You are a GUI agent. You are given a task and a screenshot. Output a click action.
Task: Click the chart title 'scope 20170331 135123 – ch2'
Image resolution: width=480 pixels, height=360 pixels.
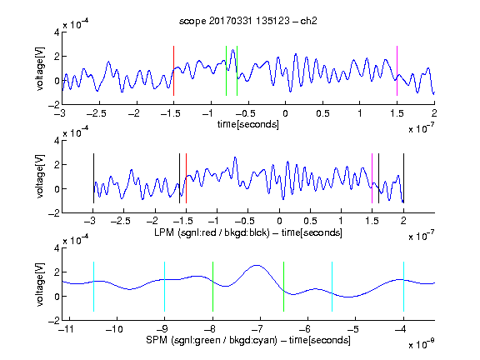(248, 21)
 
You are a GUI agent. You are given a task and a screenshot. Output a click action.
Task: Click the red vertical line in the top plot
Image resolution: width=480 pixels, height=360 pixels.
(173, 71)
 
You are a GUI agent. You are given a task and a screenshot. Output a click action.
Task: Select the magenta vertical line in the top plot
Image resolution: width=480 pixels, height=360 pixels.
(397, 71)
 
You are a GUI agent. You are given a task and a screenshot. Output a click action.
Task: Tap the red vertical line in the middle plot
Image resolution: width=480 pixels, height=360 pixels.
(186, 178)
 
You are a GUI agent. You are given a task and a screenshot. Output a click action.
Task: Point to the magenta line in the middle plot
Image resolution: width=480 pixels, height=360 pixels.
(372, 178)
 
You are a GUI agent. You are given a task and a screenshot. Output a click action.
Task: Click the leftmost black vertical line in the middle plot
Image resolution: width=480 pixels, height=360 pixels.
(93, 178)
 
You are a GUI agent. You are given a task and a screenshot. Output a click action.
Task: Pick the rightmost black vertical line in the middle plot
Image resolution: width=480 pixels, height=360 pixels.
(403, 178)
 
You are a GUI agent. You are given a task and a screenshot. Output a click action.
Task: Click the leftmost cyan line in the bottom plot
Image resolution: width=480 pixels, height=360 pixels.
(93, 287)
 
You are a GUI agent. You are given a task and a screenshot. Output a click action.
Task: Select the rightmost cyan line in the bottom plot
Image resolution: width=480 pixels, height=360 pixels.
(403, 287)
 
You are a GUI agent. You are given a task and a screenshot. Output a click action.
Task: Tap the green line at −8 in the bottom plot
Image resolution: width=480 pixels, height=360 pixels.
(212, 287)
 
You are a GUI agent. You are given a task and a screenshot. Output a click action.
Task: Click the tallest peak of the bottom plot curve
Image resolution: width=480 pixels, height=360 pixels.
(257, 265)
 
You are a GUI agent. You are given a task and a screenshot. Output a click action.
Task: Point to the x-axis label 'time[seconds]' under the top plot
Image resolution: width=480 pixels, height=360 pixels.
(248, 124)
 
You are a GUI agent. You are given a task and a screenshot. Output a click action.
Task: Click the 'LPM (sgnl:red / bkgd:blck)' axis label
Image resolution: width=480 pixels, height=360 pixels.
(212, 232)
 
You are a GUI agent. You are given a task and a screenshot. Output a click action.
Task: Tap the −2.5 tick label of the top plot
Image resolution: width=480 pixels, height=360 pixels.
(97, 113)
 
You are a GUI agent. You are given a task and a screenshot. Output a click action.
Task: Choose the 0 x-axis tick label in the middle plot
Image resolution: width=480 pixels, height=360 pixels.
(279, 221)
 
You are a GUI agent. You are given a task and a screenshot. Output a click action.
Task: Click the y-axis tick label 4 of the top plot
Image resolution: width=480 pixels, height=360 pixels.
(57, 32)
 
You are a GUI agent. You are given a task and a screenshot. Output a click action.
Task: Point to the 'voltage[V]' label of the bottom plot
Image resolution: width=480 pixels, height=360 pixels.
(40, 284)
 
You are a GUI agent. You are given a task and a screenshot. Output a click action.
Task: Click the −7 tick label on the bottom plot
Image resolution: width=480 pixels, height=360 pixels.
(257, 329)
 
